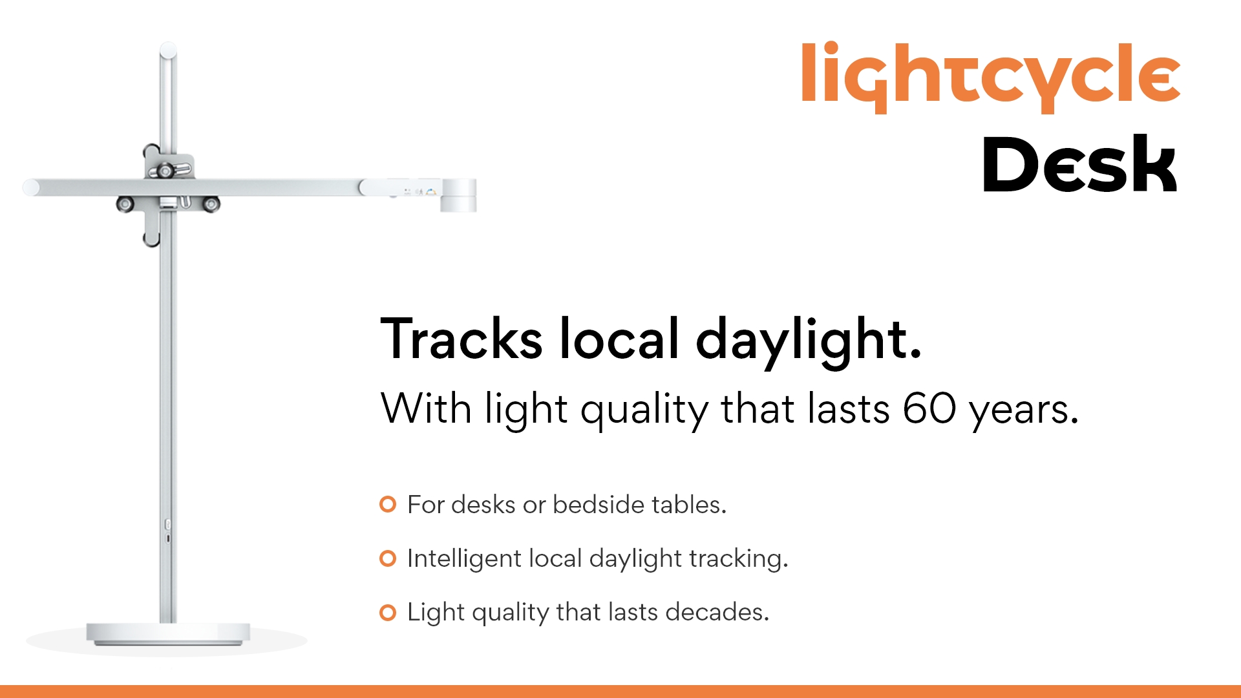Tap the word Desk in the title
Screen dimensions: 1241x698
(x=1079, y=165)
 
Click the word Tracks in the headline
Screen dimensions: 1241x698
(x=461, y=339)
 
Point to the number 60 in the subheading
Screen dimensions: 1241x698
(x=929, y=408)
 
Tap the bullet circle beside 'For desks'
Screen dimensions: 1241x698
(x=388, y=504)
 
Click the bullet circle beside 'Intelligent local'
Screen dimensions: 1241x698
(x=388, y=558)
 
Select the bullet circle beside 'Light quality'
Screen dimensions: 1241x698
(x=388, y=612)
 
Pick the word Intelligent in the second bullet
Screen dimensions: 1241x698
(x=464, y=559)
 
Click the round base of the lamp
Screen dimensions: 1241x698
(x=168, y=633)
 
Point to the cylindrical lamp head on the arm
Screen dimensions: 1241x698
(x=458, y=195)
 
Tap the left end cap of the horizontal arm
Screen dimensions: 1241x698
(x=30, y=187)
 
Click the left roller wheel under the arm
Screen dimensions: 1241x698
(x=125, y=204)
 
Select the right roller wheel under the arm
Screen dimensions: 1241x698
(x=211, y=204)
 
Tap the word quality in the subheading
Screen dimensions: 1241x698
(x=644, y=411)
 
